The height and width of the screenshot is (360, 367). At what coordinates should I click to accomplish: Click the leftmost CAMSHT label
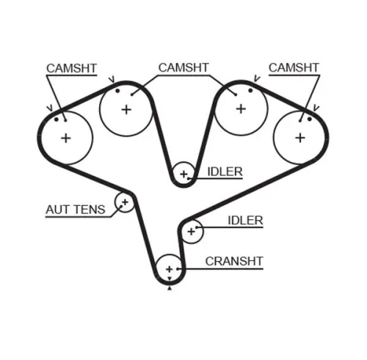tap(70, 68)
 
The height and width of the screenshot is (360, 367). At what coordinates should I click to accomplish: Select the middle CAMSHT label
tap(183, 68)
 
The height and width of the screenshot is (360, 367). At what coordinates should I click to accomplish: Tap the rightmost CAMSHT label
tap(294, 68)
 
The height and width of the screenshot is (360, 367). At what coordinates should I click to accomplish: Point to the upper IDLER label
tap(225, 172)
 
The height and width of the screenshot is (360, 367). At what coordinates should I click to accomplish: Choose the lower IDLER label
tap(245, 220)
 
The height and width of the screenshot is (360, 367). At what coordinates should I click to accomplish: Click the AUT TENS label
tap(75, 210)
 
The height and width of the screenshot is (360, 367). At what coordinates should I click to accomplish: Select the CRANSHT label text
tap(234, 260)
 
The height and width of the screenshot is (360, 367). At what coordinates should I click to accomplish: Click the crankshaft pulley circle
tap(170, 269)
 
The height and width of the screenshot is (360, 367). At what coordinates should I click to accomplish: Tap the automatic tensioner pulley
tap(125, 202)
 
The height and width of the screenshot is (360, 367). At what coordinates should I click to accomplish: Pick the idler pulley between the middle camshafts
tap(183, 174)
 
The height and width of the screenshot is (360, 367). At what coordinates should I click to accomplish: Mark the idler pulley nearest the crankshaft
tap(192, 231)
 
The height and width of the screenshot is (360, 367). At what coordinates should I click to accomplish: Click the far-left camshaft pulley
tap(65, 137)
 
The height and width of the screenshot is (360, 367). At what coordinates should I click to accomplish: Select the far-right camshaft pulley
tap(299, 137)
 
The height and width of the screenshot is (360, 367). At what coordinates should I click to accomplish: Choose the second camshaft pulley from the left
tap(126, 109)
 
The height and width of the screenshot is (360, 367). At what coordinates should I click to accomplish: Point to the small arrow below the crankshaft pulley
tap(170, 289)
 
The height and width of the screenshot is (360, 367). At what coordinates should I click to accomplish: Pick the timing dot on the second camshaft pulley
tap(117, 91)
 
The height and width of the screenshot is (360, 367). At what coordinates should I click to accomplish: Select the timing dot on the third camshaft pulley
tap(250, 91)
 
